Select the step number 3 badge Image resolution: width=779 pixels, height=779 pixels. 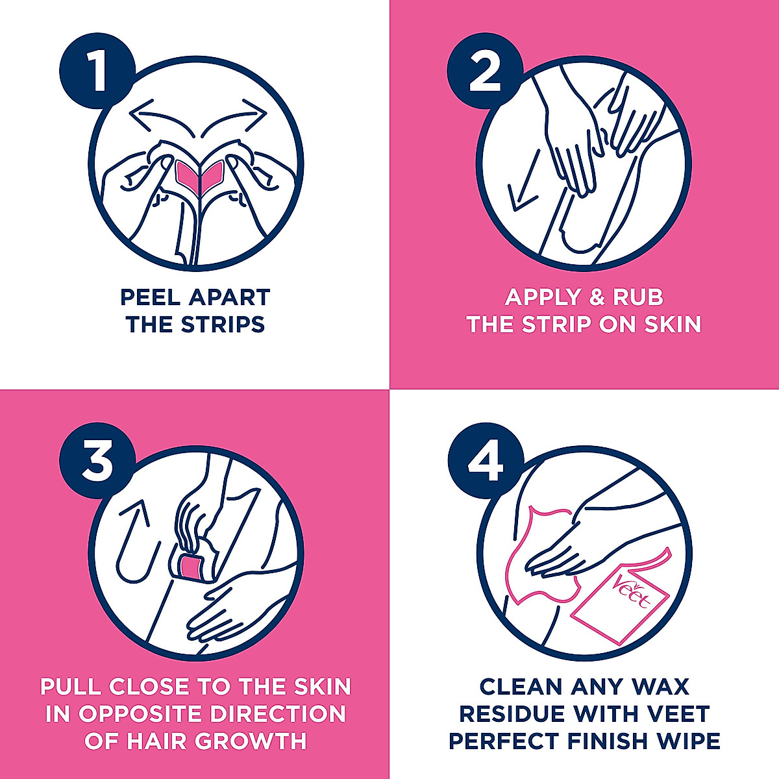(97, 460)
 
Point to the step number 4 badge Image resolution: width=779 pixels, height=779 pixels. (486, 460)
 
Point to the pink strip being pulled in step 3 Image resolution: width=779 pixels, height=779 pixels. (191, 568)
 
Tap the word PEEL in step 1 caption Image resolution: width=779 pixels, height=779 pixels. (149, 297)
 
